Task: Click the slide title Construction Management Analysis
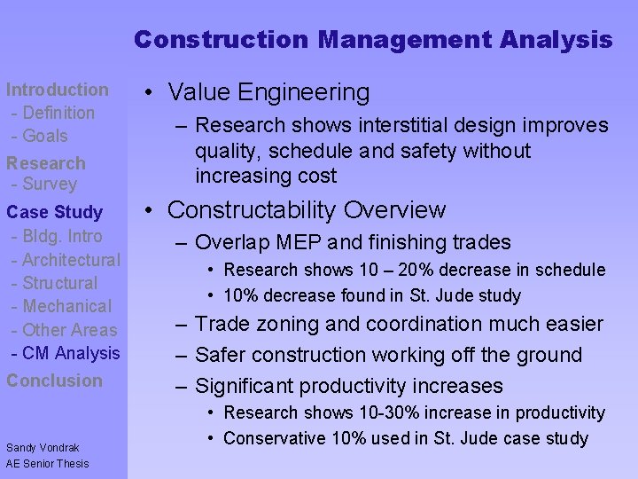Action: point(373,40)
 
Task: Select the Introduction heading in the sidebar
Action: point(58,90)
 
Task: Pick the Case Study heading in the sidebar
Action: point(54,212)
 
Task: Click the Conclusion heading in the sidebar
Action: point(55,381)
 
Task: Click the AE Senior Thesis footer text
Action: point(47,463)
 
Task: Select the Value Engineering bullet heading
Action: point(268,92)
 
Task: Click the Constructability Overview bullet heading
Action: point(306,210)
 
